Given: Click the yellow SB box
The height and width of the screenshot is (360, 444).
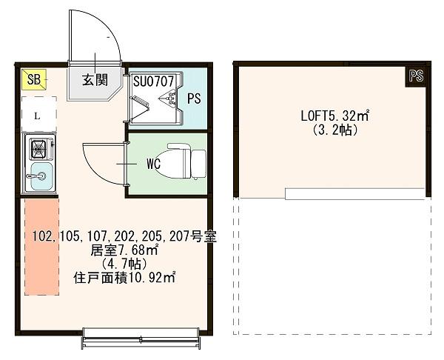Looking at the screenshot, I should [x=34, y=79].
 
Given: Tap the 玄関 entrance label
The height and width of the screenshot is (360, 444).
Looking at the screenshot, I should [x=92, y=80].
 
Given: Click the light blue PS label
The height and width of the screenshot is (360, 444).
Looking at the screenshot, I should [x=194, y=98].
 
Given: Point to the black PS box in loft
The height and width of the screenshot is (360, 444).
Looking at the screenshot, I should [x=416, y=76].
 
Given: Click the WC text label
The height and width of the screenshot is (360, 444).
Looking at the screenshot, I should [x=154, y=162].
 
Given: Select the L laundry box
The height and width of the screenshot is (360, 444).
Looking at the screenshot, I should [x=38, y=116].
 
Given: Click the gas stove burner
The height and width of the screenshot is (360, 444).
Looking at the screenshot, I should [x=37, y=150].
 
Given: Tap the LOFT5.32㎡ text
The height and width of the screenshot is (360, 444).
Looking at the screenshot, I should [x=334, y=116].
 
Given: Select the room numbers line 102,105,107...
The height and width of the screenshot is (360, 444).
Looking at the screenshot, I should [x=124, y=237].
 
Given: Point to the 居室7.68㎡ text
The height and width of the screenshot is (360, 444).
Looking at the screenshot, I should [x=124, y=250].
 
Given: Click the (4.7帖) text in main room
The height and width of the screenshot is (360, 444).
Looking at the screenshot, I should [x=124, y=264].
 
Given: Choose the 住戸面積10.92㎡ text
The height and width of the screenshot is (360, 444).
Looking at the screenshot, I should [x=124, y=278].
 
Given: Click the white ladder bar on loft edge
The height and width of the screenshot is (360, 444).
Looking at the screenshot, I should [x=354, y=194].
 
